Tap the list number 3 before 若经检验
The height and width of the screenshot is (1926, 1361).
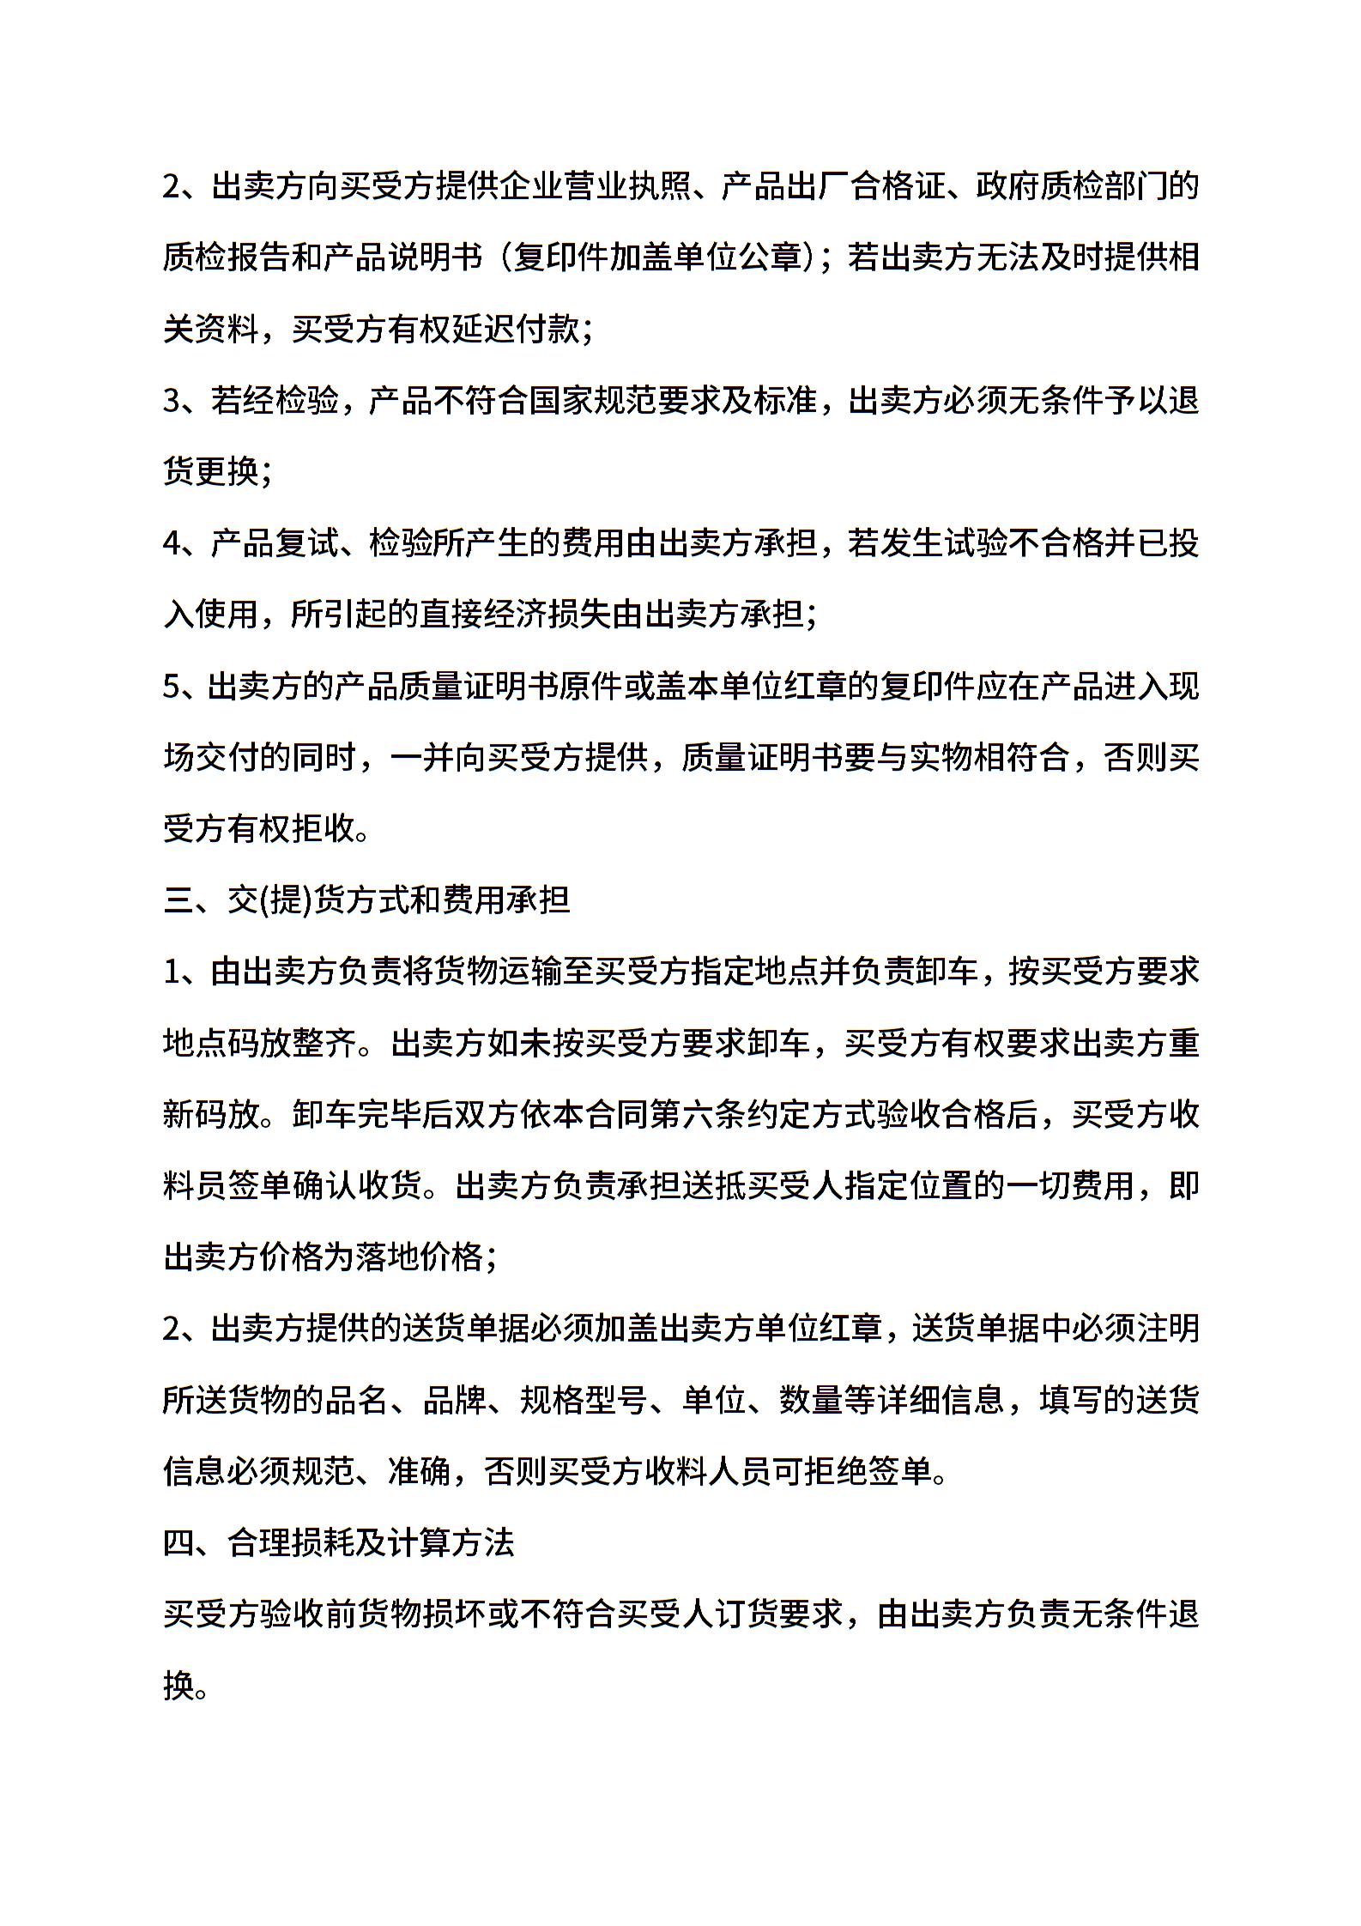coord(172,401)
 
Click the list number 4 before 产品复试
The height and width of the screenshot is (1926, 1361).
coord(172,543)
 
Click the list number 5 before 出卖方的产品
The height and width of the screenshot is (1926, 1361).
coord(172,687)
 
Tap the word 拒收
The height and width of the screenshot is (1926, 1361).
coord(324,829)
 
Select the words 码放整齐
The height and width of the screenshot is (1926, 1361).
coord(292,1044)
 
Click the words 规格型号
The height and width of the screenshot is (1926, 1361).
coord(584,1401)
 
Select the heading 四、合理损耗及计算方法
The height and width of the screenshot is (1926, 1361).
coord(339,1543)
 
